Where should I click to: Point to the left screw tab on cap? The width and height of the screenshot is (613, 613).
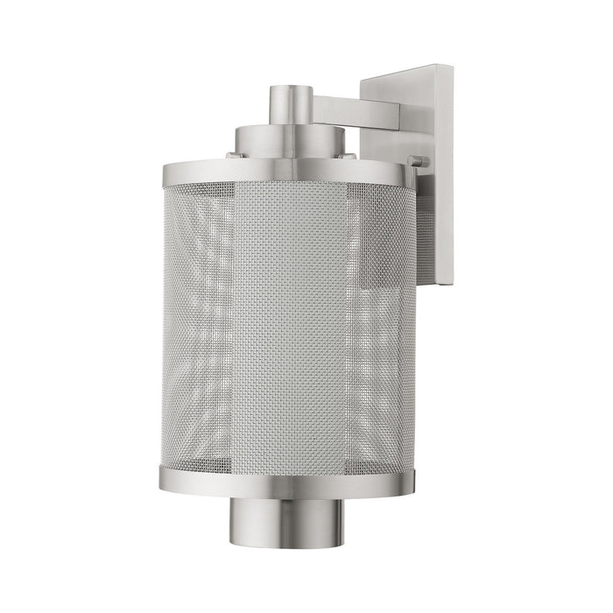point(230,155)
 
